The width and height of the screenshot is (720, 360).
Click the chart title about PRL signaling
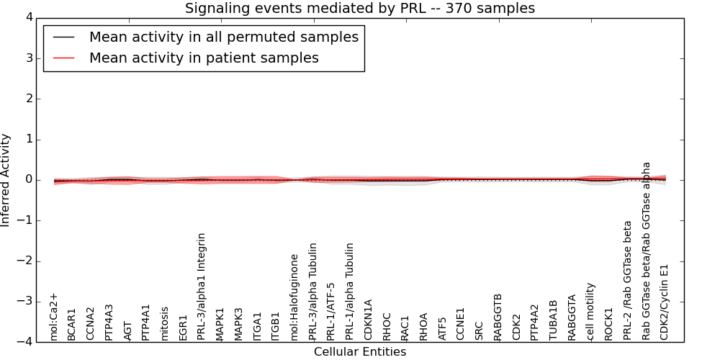click(360, 9)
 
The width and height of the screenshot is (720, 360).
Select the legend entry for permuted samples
click(223, 37)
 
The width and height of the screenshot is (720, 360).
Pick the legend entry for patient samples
click(204, 58)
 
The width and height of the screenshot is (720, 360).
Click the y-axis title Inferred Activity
click(6, 180)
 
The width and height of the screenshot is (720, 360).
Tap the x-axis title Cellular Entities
click(360, 352)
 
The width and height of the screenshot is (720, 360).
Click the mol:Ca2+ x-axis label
click(53, 317)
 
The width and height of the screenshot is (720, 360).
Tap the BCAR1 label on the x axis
click(71, 325)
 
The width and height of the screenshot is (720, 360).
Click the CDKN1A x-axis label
click(369, 320)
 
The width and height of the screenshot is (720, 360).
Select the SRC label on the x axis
click(480, 330)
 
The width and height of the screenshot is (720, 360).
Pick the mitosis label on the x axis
click(165, 323)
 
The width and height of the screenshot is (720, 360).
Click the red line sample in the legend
click(63, 58)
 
